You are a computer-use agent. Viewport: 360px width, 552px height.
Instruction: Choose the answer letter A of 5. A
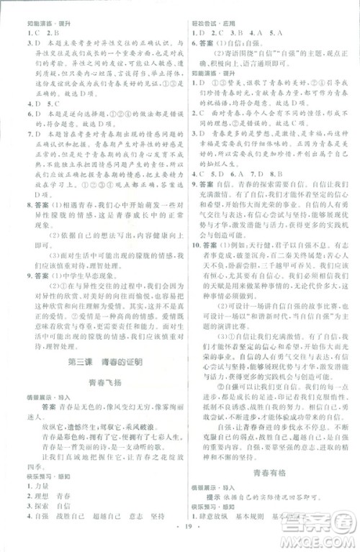coord(276,33)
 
